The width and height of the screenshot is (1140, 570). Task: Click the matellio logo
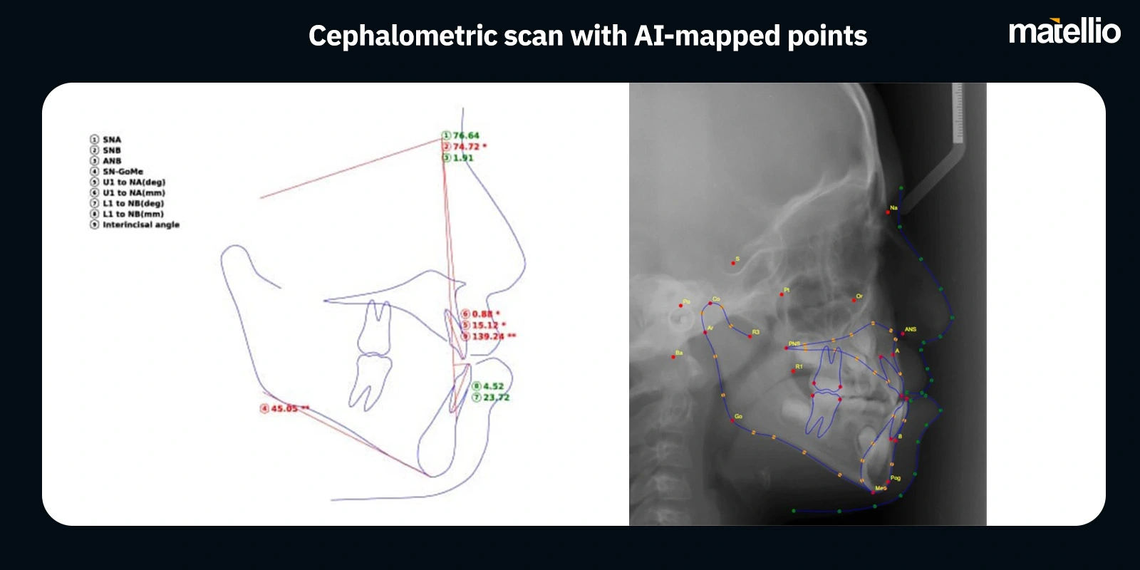[x=1064, y=31]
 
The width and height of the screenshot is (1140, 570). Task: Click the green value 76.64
[x=466, y=135]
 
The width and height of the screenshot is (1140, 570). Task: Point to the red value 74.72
[x=466, y=147]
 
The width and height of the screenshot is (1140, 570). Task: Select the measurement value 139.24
[x=487, y=336]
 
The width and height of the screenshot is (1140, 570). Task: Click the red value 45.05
[x=284, y=408]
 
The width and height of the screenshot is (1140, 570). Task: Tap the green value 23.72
[x=496, y=398]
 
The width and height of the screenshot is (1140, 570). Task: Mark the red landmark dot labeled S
[x=732, y=264]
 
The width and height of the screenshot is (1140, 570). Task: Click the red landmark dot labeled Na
[x=888, y=212]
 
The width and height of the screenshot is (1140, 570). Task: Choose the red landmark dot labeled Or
[x=854, y=301]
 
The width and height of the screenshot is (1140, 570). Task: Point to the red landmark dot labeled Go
[x=732, y=421]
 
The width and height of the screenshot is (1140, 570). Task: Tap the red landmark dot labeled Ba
[x=673, y=357]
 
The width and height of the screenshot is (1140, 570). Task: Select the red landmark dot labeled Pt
[x=782, y=294]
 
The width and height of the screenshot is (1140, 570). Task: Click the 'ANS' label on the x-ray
[x=911, y=329]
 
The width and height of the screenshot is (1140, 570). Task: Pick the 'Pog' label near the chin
[x=896, y=478]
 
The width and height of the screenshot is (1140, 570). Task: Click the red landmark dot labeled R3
[x=750, y=336]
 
